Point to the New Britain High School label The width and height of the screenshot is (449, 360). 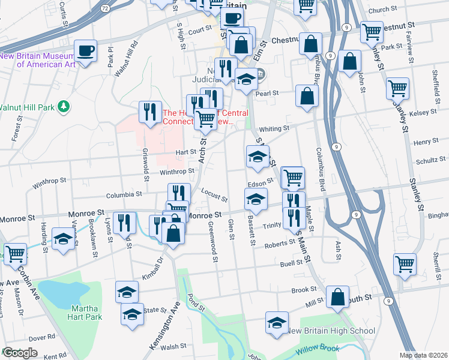tap(331, 331)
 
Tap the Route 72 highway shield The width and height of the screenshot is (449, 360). tap(106, 8)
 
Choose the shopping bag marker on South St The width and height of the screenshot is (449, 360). tap(338, 296)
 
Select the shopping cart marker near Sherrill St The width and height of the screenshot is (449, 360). tap(405, 263)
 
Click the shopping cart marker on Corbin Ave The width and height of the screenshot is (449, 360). tap(15, 253)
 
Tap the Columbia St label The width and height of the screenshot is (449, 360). tap(124, 194)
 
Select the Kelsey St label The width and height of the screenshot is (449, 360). tap(421, 113)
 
